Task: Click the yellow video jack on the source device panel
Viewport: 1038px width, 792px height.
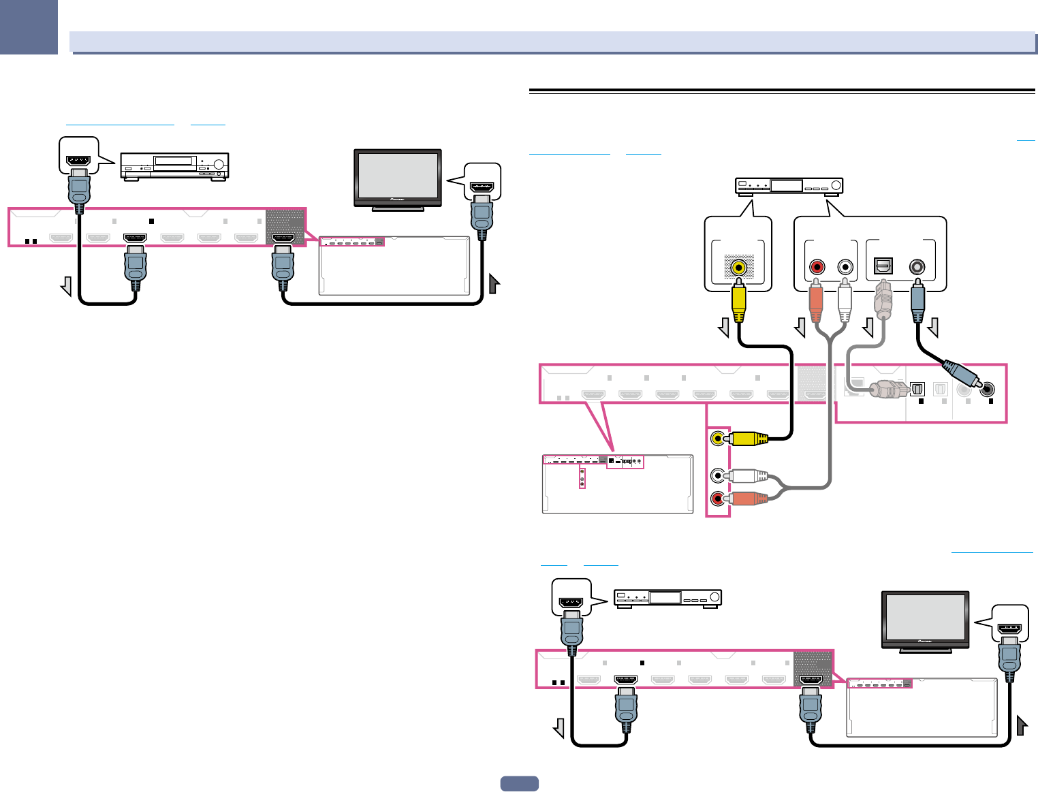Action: (738, 268)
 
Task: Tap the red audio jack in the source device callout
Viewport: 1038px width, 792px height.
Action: (817, 267)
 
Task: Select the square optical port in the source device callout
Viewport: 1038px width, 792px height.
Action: (883, 267)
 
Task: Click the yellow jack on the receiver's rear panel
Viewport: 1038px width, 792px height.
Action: (718, 438)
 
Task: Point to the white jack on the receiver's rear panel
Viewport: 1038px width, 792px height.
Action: (718, 475)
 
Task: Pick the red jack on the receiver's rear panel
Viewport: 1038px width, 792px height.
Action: (718, 498)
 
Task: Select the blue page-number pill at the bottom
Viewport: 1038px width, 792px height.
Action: (519, 784)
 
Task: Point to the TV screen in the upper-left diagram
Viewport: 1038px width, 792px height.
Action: (398, 175)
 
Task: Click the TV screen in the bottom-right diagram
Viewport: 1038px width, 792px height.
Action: (925, 616)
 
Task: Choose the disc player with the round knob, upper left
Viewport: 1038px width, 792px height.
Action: (174, 165)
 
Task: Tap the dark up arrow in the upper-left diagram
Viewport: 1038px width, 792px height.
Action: (494, 283)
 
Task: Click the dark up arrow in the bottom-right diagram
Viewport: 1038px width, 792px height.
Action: (1022, 725)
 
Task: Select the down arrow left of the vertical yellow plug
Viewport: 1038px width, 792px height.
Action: (724, 329)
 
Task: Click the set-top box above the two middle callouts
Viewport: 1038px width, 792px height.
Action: (789, 185)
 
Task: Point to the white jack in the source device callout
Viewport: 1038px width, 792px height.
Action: (845, 267)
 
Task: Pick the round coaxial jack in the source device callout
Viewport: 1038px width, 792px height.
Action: (917, 267)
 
